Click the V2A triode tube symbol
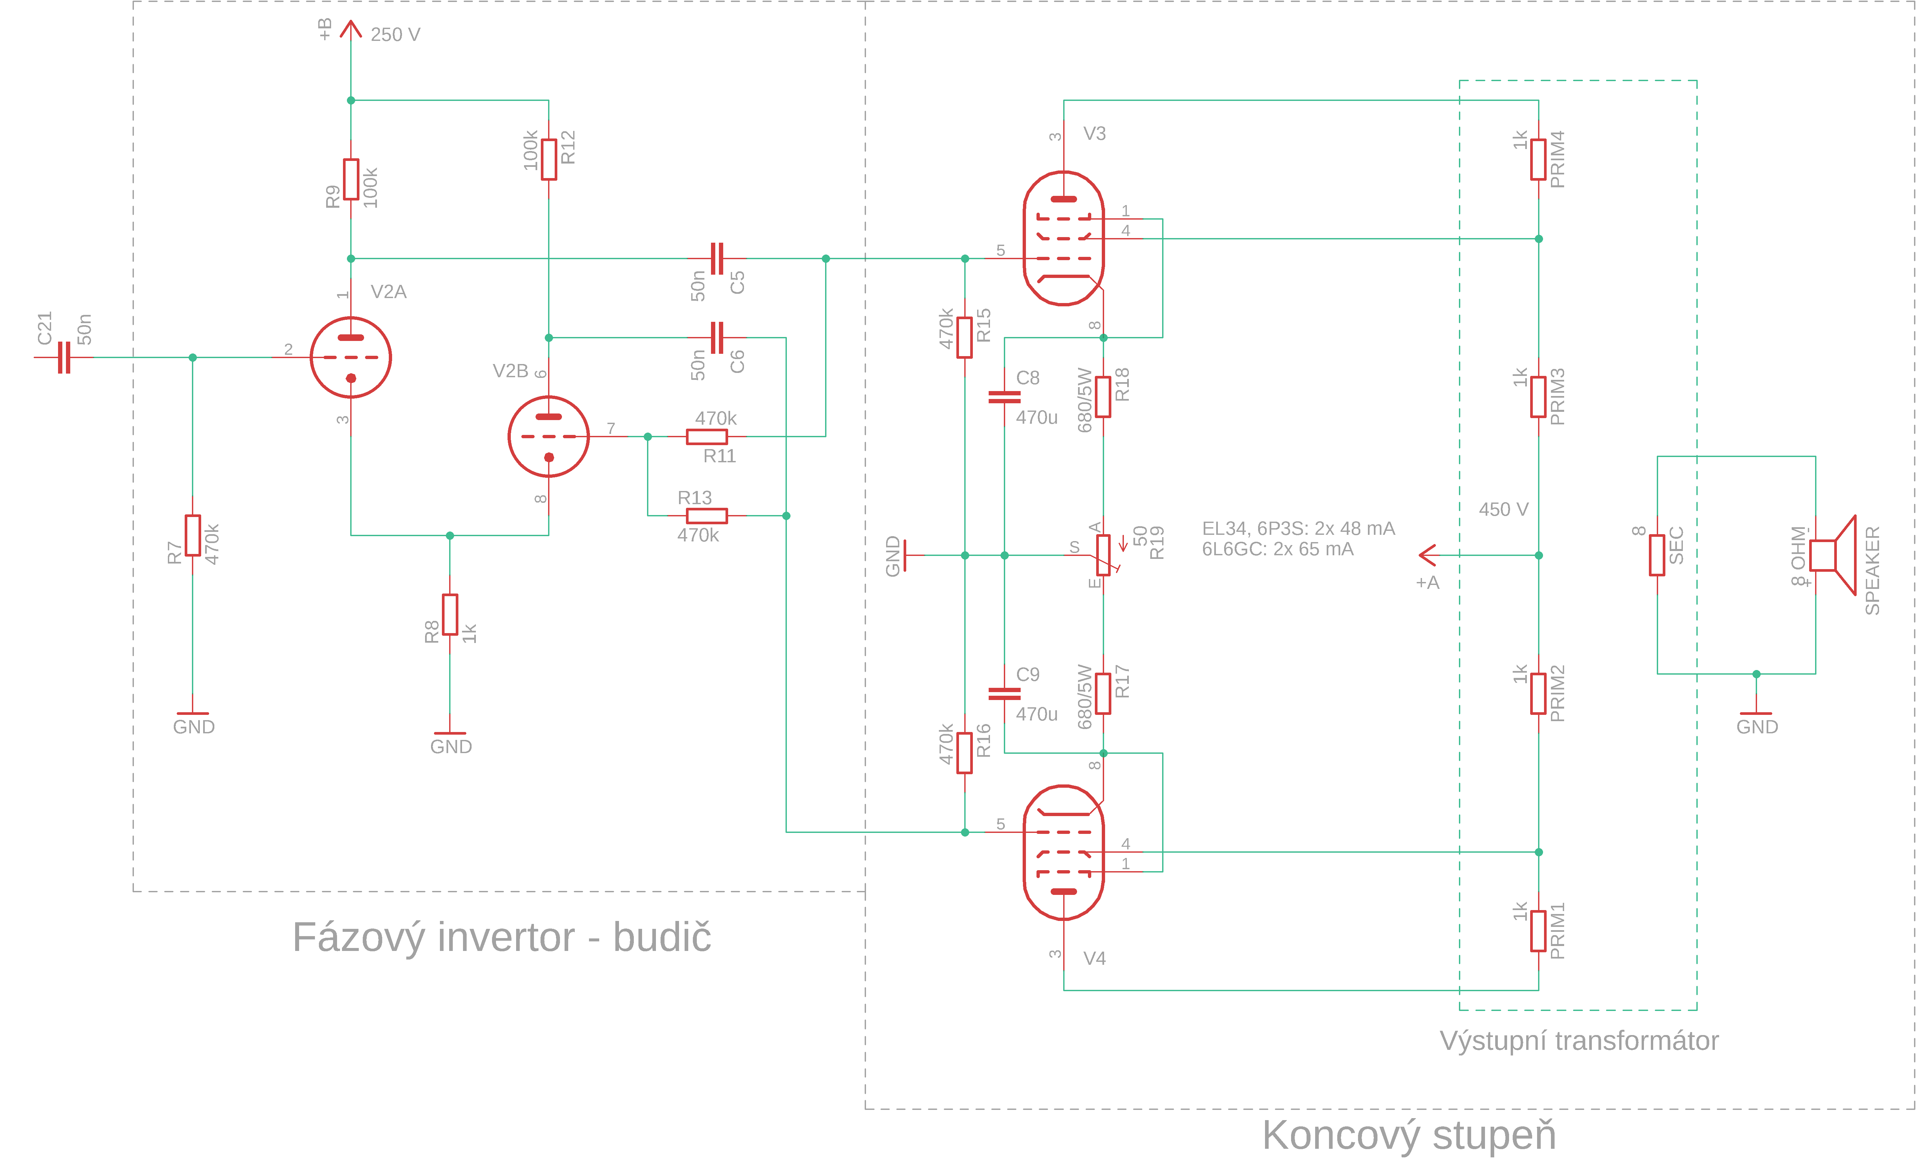click(351, 358)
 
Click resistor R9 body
click(351, 180)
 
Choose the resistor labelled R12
click(549, 159)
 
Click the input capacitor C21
click(64, 358)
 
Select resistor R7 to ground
click(193, 536)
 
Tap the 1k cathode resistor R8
click(449, 614)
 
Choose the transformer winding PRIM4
click(1538, 159)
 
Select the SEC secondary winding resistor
click(1657, 555)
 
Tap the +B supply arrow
click(351, 30)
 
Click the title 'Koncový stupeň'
click(1408, 1135)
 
